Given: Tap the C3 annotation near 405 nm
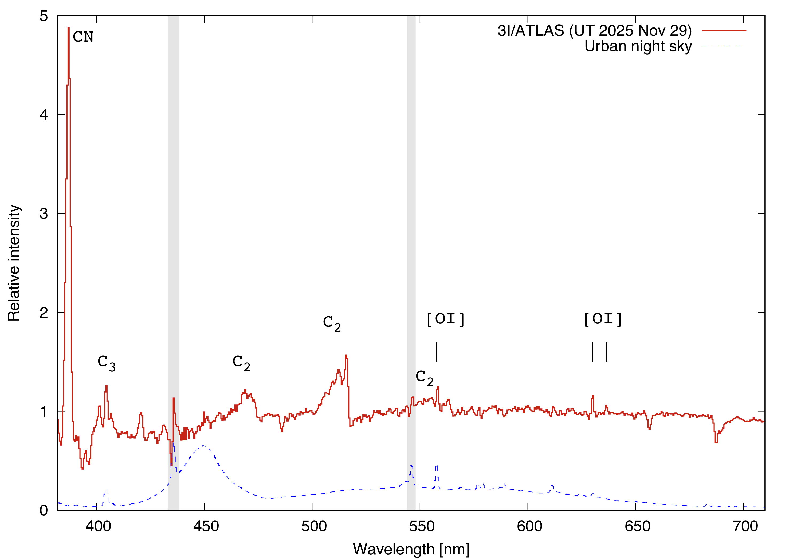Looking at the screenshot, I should pos(107,363).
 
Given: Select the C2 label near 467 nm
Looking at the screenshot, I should pos(241,363).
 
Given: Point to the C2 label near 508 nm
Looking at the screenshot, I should pos(331,323).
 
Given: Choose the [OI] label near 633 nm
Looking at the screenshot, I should pos(603,319).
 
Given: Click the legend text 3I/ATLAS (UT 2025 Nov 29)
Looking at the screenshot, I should pos(594,31).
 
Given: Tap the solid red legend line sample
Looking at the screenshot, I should pos(724,31).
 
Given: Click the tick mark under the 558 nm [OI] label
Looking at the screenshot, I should pos(437,352).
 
